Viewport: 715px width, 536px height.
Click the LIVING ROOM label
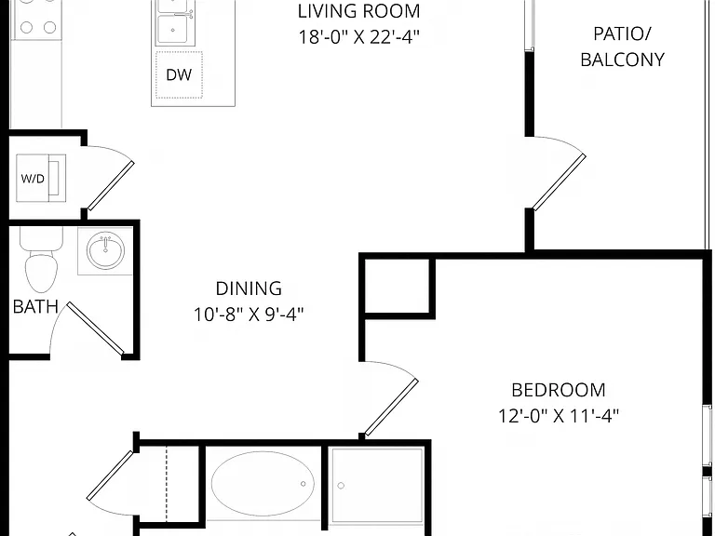[358, 11]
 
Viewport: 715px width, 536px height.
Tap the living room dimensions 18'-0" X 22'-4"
[358, 37]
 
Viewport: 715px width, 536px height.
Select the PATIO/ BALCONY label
[623, 47]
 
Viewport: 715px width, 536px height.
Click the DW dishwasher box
[179, 74]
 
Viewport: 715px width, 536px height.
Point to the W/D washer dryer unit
[41, 178]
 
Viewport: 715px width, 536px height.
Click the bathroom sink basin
[106, 249]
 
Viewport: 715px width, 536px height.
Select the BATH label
[35, 307]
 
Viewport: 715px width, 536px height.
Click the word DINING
[249, 288]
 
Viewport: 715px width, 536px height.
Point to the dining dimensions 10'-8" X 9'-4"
[249, 315]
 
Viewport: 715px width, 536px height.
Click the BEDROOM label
[559, 390]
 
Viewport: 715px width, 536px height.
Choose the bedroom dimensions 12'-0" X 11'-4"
[559, 416]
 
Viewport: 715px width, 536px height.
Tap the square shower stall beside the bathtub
[378, 485]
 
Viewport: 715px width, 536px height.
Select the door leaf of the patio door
[559, 182]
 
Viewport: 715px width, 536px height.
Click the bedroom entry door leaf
[391, 407]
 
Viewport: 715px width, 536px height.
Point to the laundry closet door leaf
[111, 186]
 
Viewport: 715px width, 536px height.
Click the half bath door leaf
[96, 328]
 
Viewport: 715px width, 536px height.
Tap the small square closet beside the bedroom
[397, 286]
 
